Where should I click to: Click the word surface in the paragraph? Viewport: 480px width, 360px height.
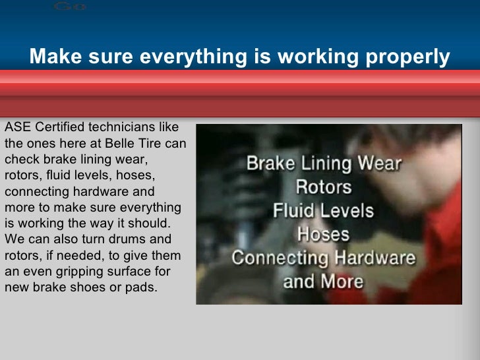coord(123,271)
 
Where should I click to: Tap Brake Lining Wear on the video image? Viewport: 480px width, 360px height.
coord(323,163)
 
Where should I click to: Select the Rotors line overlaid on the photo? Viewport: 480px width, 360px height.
coord(323,187)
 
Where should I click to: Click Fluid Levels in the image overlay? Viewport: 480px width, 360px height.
coord(323,211)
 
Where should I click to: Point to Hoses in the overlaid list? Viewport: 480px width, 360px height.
coord(323,234)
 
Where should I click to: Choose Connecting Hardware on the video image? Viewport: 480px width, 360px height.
coord(323,258)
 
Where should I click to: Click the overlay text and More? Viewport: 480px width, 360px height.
coord(323,282)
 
